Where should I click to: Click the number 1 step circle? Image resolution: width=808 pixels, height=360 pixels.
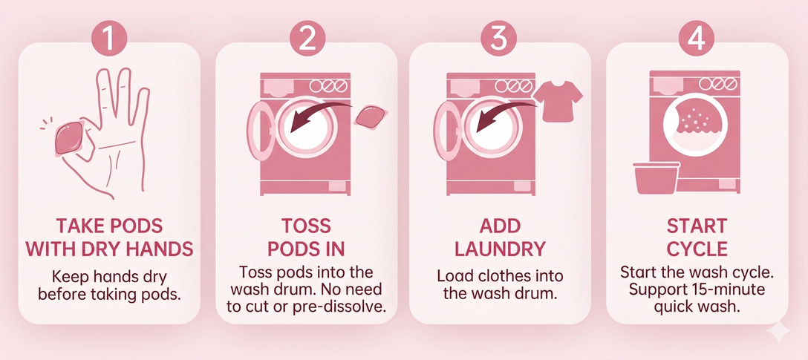click(x=108, y=39)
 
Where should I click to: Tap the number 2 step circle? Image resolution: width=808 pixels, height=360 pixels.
click(x=307, y=39)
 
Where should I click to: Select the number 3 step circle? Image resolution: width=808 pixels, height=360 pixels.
click(x=501, y=39)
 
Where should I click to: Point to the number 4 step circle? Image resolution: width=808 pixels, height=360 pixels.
click(x=697, y=39)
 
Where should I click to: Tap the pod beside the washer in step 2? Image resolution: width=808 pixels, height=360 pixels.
click(x=371, y=117)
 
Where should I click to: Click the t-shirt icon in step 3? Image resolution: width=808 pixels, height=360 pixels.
click(x=558, y=100)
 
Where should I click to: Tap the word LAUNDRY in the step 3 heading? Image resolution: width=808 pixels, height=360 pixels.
click(x=500, y=248)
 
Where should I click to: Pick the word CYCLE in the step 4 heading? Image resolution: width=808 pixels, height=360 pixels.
click(x=697, y=248)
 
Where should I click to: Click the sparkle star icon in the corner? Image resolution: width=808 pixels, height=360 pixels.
click(x=780, y=333)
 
